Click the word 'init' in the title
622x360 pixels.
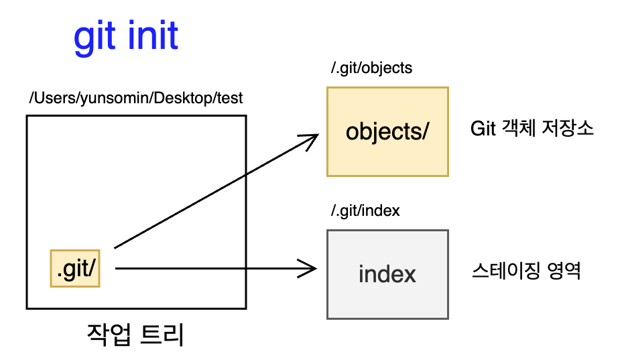pos(153,36)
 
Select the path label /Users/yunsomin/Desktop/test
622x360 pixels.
pos(135,99)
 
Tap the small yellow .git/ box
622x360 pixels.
pos(75,268)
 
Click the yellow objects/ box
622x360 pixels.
pos(387,131)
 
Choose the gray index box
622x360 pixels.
pos(387,274)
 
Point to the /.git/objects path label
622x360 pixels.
pos(372,68)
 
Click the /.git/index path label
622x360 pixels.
pos(365,211)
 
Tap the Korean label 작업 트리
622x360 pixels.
pos(135,335)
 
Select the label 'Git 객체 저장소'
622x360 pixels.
pos(532,128)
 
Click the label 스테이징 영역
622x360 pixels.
pos(526,271)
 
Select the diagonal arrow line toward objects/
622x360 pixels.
pos(216,191)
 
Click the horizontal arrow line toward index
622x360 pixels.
pos(216,269)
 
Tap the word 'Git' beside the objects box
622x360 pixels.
pos(483,129)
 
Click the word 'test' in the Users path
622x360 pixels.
pos(230,98)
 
